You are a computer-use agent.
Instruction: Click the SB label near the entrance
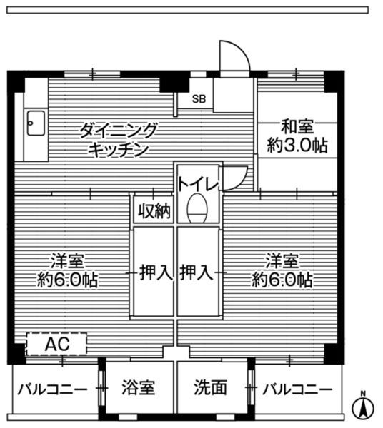pyautogui.click(x=199, y=99)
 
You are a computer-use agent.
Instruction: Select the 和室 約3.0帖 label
pyautogui.click(x=296, y=137)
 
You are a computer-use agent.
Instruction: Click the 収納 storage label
pyautogui.click(x=153, y=211)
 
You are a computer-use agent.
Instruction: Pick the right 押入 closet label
pyautogui.click(x=196, y=272)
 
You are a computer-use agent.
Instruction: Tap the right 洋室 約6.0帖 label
pyautogui.click(x=282, y=270)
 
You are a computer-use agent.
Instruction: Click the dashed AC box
pyautogui.click(x=56, y=345)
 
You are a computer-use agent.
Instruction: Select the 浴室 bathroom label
pyautogui.click(x=137, y=389)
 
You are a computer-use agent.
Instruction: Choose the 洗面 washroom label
pyautogui.click(x=211, y=389)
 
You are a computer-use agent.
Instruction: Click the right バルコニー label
pyautogui.click(x=297, y=389)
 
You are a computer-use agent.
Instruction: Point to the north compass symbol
pyautogui.click(x=363, y=407)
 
